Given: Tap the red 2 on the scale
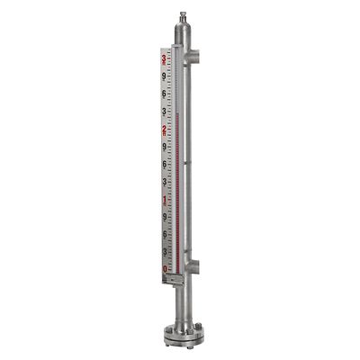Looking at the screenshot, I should coord(164,130).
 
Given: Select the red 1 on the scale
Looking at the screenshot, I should coord(164,200).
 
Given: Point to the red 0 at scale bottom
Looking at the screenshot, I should coord(164,268).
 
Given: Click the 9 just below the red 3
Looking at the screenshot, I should coord(164,76).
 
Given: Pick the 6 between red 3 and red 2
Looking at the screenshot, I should coord(164,94).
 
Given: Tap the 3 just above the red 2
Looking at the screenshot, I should coord(164,112).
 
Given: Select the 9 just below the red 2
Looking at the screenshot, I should coord(164,147).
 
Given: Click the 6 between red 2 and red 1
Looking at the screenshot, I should coord(164,165).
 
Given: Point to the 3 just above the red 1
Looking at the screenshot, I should coord(164,182).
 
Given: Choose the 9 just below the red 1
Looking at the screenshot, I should coord(164,217).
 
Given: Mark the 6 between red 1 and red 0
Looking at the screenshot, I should coord(164,234).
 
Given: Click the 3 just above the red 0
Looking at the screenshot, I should coord(164,252).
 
